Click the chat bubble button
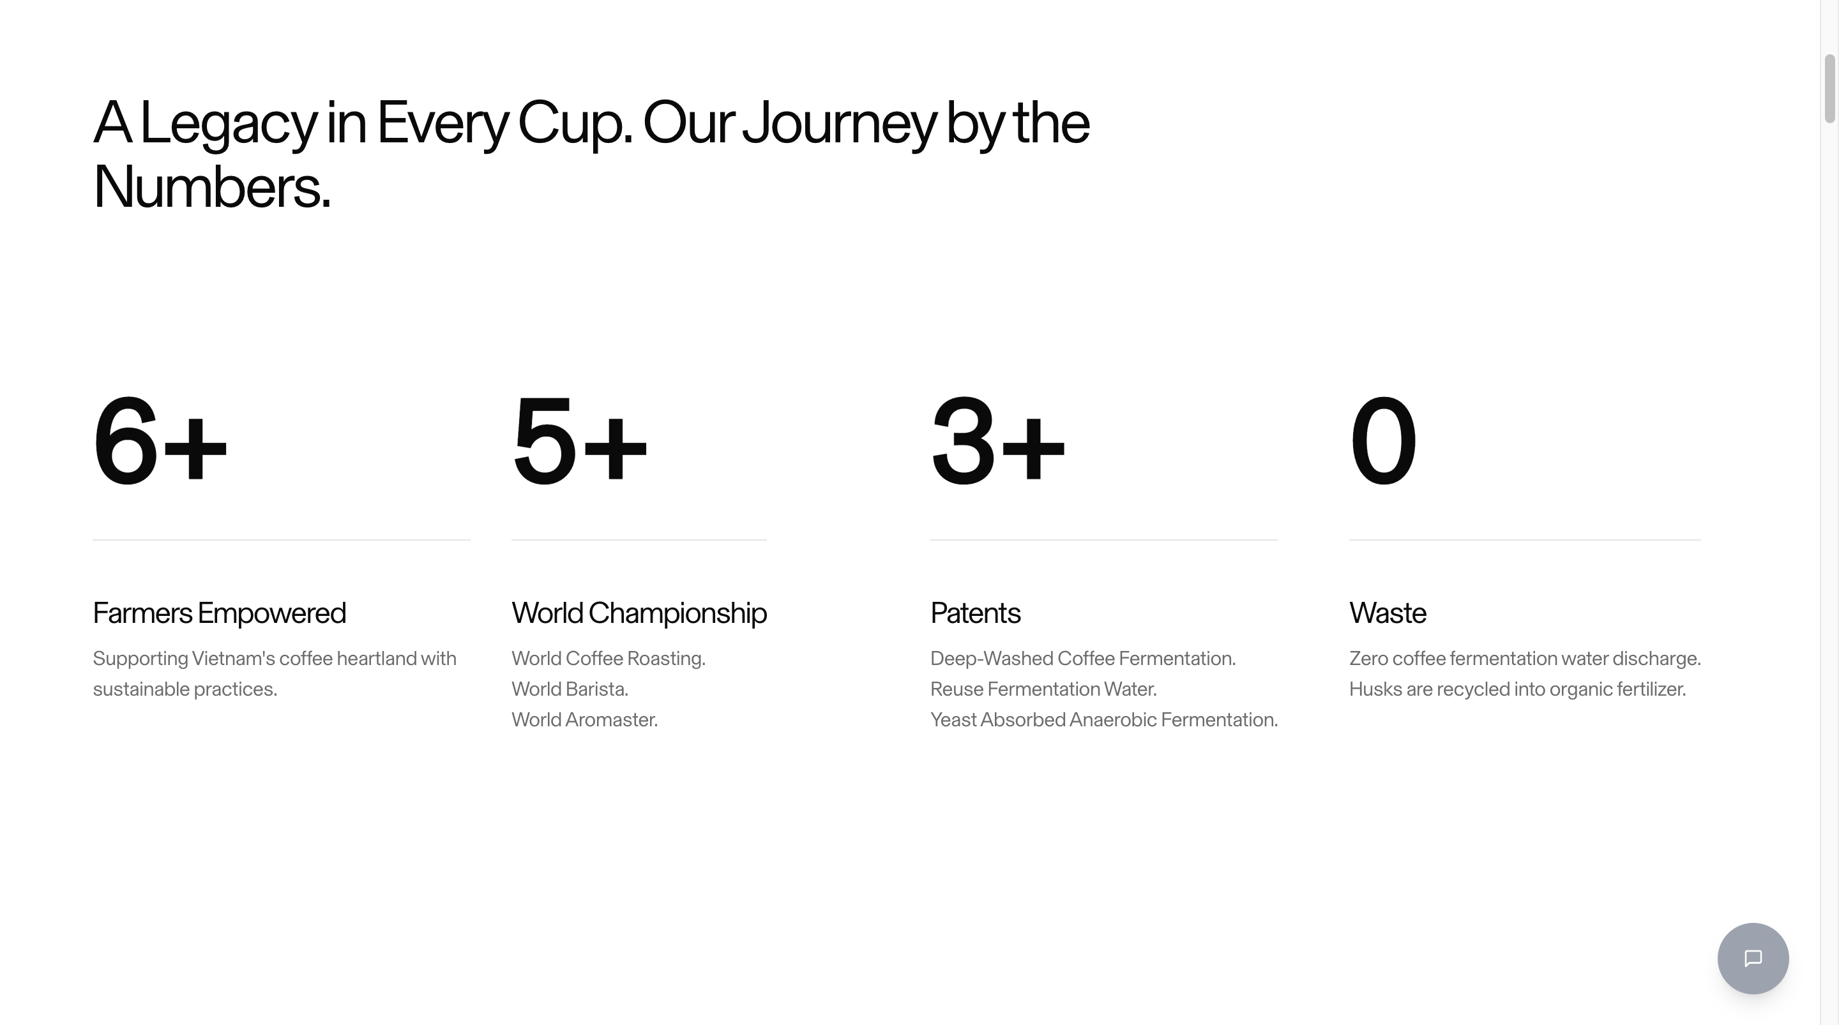coord(1753,958)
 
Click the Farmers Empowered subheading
coord(219,613)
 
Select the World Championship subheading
coord(639,613)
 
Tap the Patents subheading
coord(975,613)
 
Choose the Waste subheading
coord(1388,613)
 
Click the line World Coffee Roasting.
coord(609,659)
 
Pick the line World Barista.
coord(570,689)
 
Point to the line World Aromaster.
coord(585,720)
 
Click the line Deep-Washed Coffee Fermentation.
coord(1083,659)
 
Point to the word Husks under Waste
coord(1375,689)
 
